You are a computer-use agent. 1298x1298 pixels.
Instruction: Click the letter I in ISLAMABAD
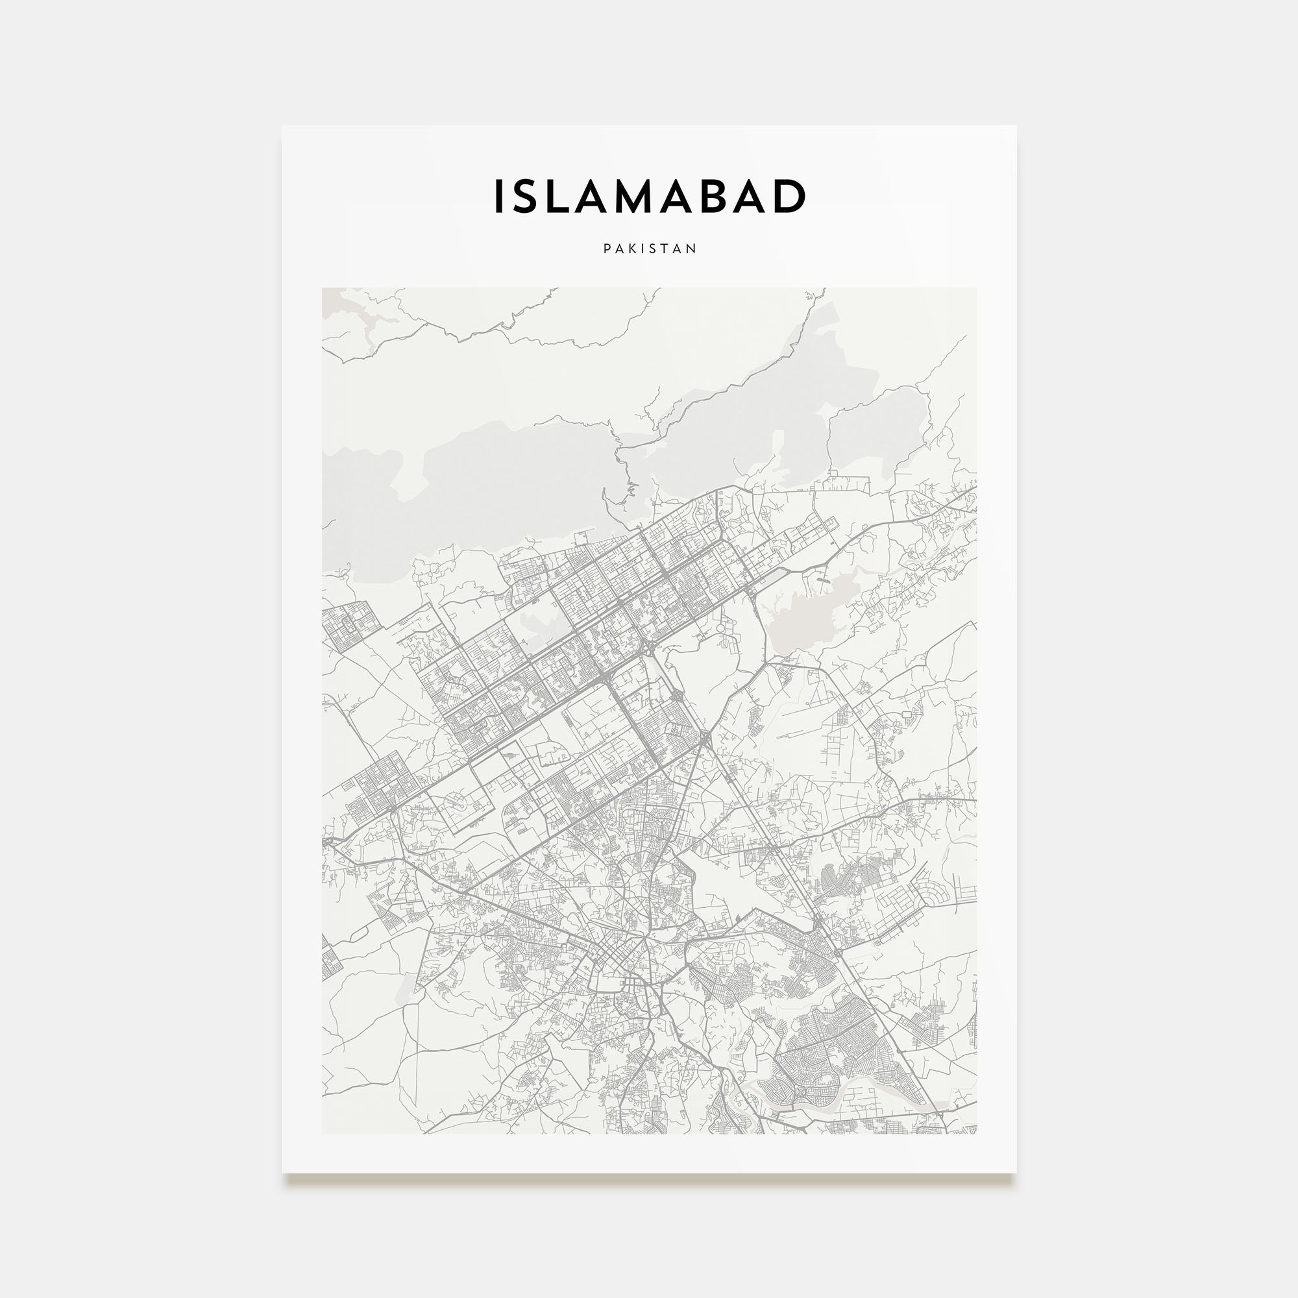coord(498,197)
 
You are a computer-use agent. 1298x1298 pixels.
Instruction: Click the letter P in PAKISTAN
coord(607,249)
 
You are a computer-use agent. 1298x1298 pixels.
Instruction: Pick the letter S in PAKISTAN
coord(655,249)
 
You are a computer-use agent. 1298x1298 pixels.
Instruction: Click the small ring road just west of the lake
coord(722,628)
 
